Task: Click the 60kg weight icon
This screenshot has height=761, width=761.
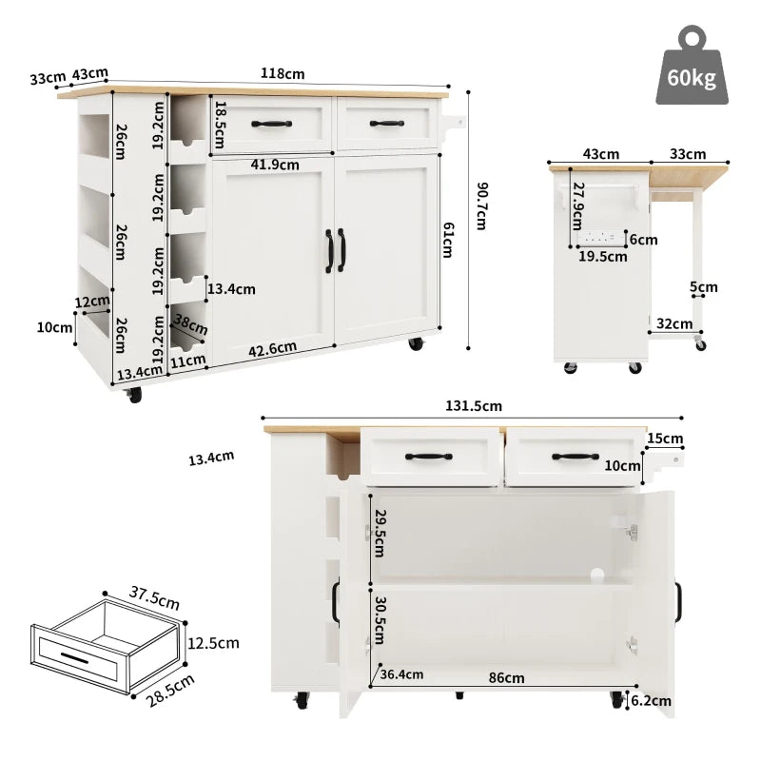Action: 692,66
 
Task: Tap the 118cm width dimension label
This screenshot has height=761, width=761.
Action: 283,73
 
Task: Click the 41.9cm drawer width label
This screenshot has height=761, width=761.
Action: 274,165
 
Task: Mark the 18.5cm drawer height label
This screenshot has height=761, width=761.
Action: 220,122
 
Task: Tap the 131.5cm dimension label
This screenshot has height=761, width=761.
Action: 473,406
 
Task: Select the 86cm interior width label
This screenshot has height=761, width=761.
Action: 506,677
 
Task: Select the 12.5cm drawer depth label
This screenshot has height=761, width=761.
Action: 213,643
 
